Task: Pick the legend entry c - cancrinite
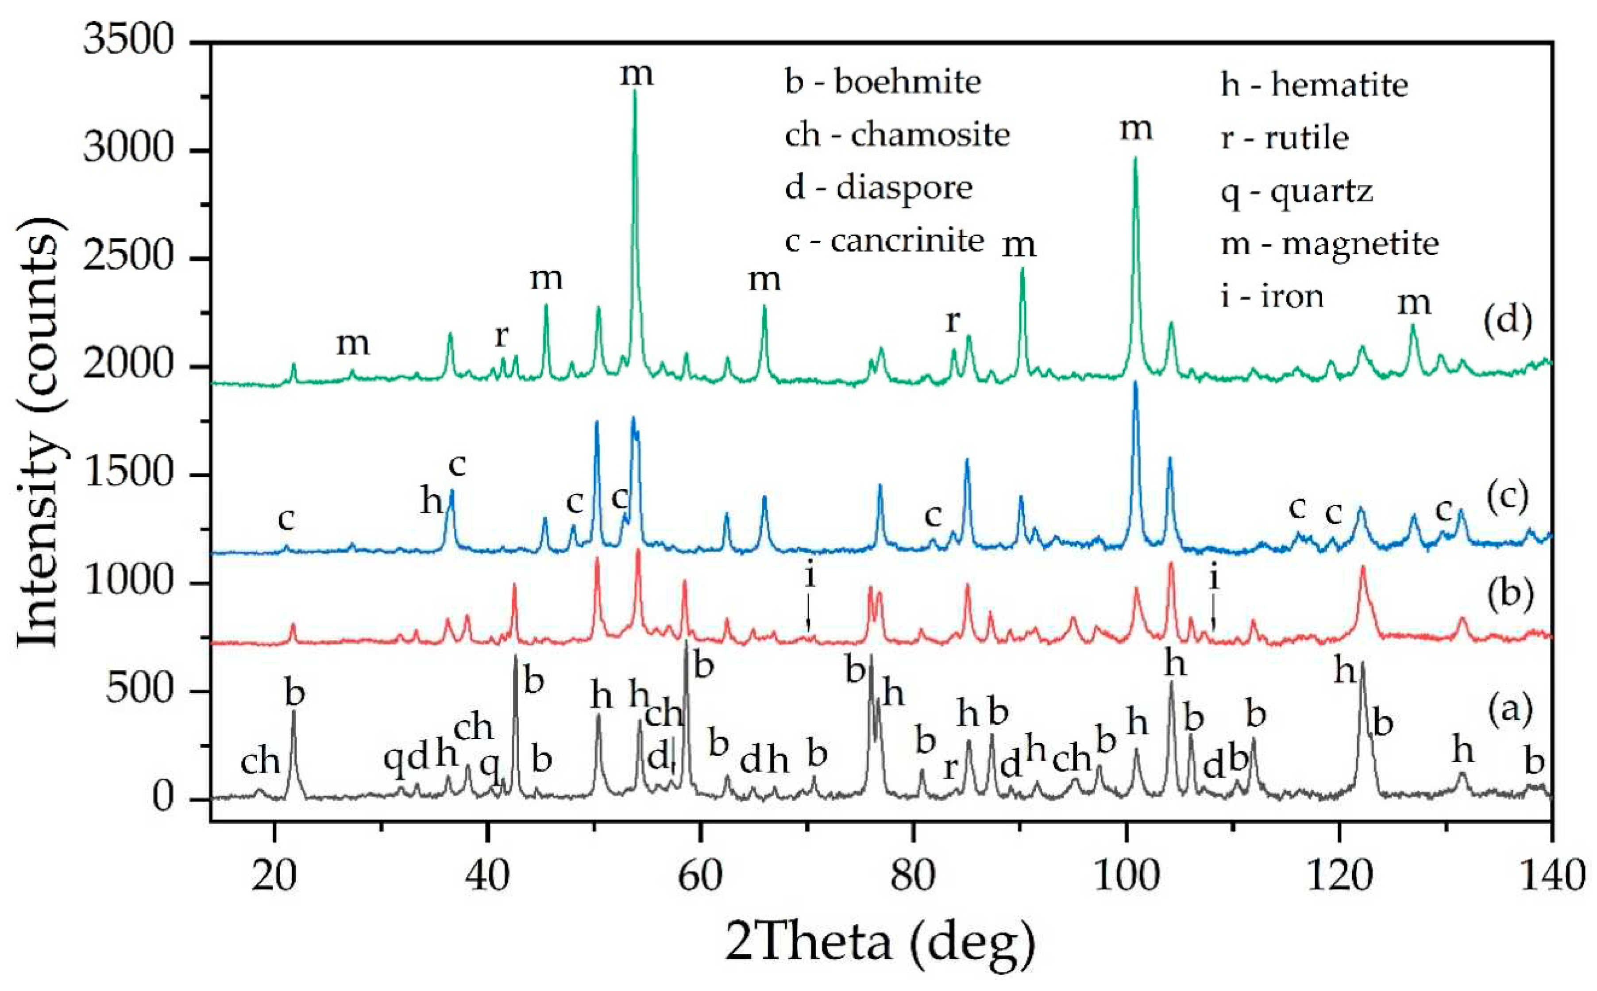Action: point(884,241)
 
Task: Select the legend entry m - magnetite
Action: point(1330,244)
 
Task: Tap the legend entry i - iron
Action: point(1272,297)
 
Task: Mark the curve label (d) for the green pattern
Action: point(1508,321)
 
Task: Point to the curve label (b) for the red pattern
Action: point(1508,593)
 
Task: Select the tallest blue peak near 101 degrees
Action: point(1135,384)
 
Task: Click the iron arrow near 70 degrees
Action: point(808,613)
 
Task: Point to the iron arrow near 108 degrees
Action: point(1213,613)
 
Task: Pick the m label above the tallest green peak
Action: point(636,74)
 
